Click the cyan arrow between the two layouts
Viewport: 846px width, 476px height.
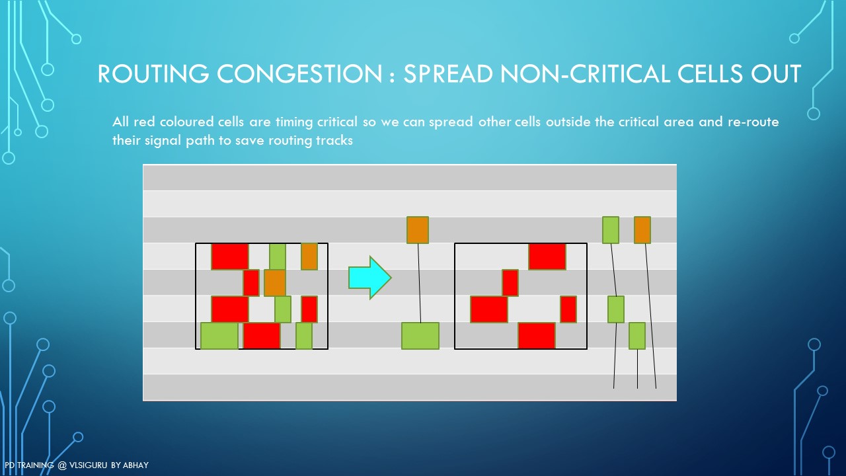click(x=369, y=278)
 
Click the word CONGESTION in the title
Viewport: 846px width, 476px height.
click(x=299, y=73)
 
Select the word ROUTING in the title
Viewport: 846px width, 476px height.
click(x=153, y=73)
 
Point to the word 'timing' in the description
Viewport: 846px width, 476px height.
click(x=294, y=122)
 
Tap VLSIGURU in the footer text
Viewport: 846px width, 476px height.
click(x=88, y=465)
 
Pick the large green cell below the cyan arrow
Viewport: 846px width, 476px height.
click(x=420, y=336)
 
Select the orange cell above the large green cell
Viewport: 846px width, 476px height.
click(x=418, y=229)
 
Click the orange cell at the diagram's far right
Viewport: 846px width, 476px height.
click(x=642, y=229)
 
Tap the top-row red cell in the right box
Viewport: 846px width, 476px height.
click(x=547, y=257)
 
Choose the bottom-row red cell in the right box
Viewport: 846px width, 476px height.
click(x=537, y=335)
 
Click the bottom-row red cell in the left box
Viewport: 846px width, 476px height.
click(x=262, y=335)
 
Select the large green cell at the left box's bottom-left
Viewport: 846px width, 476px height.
click(x=219, y=336)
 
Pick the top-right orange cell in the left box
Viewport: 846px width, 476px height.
click(x=309, y=257)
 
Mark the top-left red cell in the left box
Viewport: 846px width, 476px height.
click(x=230, y=257)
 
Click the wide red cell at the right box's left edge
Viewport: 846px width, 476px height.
click(x=489, y=309)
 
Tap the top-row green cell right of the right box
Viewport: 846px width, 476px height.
click(x=610, y=229)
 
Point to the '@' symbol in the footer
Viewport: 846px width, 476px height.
click(x=62, y=465)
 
